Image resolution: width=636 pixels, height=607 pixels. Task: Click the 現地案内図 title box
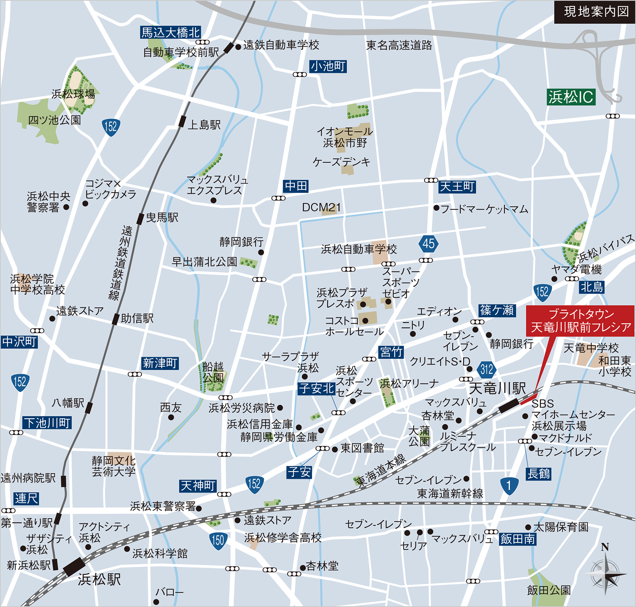(x=595, y=12)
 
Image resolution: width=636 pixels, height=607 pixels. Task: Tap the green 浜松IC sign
(x=571, y=97)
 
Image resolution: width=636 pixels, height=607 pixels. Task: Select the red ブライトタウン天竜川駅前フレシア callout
(x=580, y=321)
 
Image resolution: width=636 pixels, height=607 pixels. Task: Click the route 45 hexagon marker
(x=429, y=244)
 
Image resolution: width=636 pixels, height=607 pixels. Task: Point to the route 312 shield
(x=487, y=370)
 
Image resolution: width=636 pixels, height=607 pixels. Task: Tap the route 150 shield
(x=218, y=540)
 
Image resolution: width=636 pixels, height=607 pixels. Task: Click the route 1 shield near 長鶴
(x=509, y=485)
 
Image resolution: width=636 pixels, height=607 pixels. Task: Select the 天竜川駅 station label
(x=497, y=388)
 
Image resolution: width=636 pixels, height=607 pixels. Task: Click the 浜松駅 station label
(x=99, y=580)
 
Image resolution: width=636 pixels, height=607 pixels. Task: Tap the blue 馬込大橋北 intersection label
(x=171, y=32)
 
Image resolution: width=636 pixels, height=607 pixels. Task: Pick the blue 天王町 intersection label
(x=457, y=186)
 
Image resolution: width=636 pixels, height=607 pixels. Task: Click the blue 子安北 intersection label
(x=316, y=388)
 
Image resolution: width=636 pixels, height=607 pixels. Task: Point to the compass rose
(x=605, y=572)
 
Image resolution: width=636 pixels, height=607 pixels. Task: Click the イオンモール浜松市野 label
(x=345, y=137)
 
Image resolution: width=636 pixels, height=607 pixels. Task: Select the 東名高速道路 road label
(x=399, y=45)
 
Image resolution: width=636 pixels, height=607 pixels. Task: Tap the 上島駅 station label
(x=204, y=125)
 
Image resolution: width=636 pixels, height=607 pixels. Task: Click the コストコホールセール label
(x=354, y=326)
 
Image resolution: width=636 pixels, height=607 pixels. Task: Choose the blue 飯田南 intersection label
(x=518, y=539)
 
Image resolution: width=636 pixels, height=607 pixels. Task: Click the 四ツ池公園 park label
(x=54, y=120)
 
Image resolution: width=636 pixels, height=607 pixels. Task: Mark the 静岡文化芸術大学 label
(x=114, y=466)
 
